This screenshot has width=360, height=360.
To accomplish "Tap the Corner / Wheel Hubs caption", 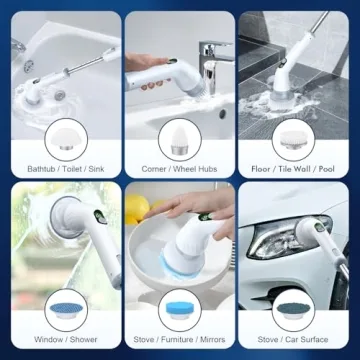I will click(180, 171).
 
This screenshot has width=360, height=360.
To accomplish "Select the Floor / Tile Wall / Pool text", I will click(299, 171).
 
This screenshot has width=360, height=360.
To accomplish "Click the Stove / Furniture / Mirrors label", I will click(180, 340).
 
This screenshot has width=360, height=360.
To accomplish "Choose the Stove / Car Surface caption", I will click(299, 340).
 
